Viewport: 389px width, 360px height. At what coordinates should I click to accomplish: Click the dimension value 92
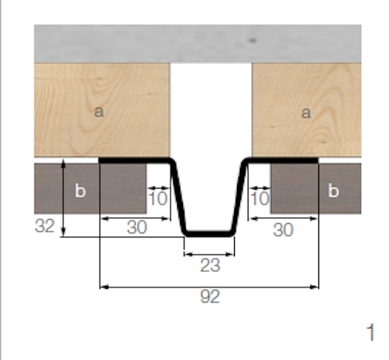point(210,297)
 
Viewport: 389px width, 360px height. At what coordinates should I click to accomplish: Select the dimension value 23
point(210,265)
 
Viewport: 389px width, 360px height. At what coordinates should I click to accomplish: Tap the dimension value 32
point(45,227)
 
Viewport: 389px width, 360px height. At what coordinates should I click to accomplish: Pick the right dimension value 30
point(284,230)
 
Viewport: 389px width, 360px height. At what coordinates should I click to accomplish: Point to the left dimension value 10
point(158,197)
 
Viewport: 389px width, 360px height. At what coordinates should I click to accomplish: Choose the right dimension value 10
point(260,197)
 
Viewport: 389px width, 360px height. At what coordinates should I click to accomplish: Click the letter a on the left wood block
point(99,112)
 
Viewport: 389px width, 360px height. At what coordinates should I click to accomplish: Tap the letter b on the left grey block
point(81,191)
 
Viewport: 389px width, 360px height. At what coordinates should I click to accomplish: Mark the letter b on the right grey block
point(333,191)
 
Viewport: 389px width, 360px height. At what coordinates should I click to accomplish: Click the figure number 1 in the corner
point(370,333)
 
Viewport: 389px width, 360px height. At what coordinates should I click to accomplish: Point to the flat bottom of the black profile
point(210,233)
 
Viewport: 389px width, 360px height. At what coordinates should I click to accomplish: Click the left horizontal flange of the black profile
point(133,159)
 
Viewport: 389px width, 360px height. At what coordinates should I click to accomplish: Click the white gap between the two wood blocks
point(210,108)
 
